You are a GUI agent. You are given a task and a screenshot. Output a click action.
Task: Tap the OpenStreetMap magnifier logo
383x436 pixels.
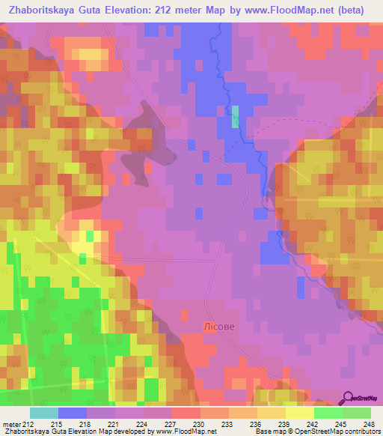tap(349, 397)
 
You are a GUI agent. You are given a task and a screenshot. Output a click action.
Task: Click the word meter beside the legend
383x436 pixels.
tap(10, 423)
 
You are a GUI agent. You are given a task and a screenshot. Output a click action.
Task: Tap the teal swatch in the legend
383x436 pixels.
tap(44, 413)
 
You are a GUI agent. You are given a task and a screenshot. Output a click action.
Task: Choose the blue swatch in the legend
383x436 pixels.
tap(73, 413)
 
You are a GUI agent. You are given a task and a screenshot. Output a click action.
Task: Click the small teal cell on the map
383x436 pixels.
tap(236, 116)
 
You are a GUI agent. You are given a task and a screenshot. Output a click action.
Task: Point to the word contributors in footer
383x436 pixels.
tap(361, 432)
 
